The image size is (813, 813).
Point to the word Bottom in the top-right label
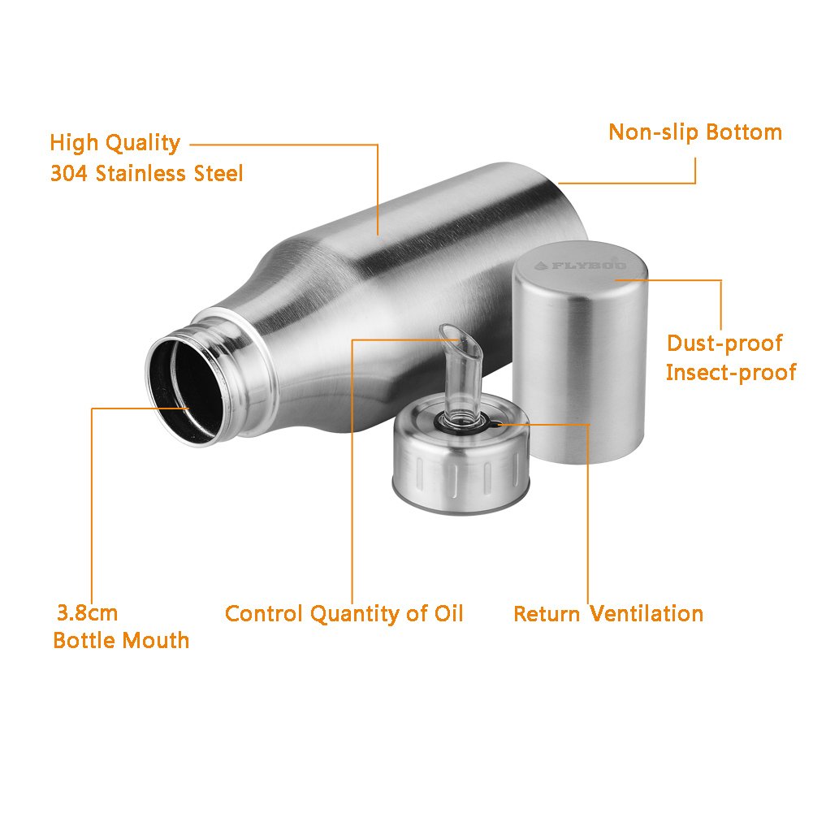click(744, 132)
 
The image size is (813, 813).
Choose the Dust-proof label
click(724, 344)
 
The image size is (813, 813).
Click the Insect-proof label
click(730, 373)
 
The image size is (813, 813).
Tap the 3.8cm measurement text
click(87, 613)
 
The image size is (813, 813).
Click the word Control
click(264, 614)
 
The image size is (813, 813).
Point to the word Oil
click(448, 613)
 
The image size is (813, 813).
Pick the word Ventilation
click(647, 614)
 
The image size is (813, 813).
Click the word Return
click(547, 614)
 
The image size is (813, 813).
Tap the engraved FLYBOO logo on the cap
click(580, 266)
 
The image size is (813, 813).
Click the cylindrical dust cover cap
click(580, 352)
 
